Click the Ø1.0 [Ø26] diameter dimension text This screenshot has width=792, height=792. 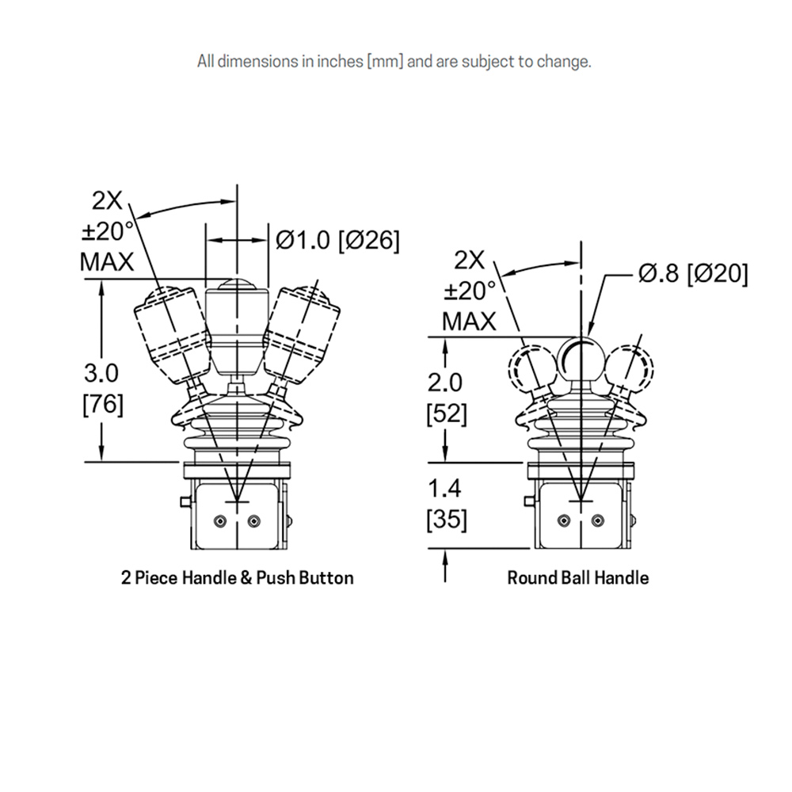(x=337, y=240)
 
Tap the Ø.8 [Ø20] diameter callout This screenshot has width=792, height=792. (x=693, y=274)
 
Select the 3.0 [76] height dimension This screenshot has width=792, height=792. (x=102, y=388)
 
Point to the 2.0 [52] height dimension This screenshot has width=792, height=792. (x=446, y=398)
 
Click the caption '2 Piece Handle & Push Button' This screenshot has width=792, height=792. (x=238, y=578)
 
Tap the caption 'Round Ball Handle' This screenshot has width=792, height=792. (x=578, y=578)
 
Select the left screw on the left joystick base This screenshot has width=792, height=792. (x=219, y=521)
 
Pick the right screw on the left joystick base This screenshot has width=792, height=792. (x=254, y=521)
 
